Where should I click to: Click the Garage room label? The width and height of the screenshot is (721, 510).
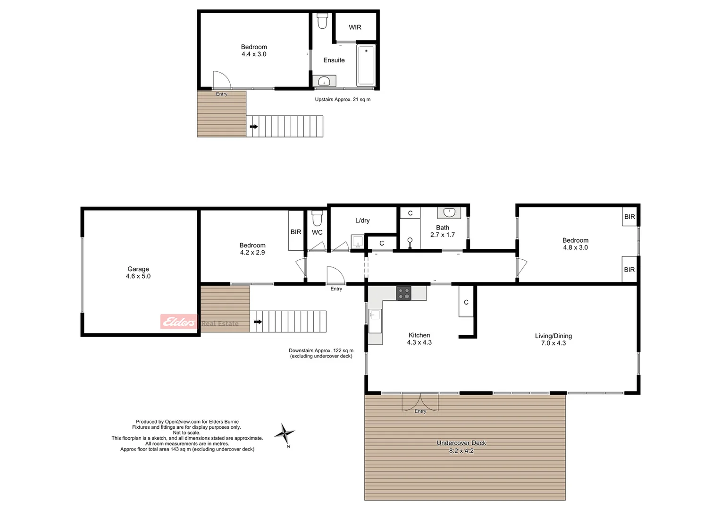tap(138, 272)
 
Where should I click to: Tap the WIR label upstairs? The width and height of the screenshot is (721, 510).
tap(355, 27)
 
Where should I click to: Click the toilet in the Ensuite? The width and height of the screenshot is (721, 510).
tap(322, 21)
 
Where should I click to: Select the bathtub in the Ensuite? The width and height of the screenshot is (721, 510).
tap(366, 66)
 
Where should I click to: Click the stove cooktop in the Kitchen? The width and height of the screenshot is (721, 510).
tap(403, 293)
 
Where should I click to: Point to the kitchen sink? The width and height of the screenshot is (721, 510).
tap(376, 315)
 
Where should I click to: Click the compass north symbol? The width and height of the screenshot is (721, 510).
tap(285, 433)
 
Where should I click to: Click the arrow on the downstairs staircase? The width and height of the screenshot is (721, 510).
tap(258, 322)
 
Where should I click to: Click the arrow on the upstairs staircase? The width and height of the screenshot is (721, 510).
tap(254, 127)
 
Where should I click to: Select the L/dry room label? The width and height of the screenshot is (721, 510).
tap(362, 221)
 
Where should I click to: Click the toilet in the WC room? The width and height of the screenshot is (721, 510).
tap(317, 218)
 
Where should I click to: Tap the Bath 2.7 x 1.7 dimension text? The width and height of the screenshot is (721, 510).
tap(443, 235)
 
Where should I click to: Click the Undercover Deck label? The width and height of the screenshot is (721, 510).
tap(461, 443)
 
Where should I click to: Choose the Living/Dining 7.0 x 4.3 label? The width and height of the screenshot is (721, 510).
tap(553, 340)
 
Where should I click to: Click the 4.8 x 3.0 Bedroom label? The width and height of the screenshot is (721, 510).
tap(575, 244)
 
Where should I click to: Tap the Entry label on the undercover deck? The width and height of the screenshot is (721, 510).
tap(420, 411)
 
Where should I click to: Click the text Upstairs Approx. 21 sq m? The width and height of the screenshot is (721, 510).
tap(343, 100)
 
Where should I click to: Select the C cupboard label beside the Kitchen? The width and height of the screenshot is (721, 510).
tap(466, 302)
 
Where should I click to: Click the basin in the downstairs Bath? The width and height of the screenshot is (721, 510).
tap(449, 213)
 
